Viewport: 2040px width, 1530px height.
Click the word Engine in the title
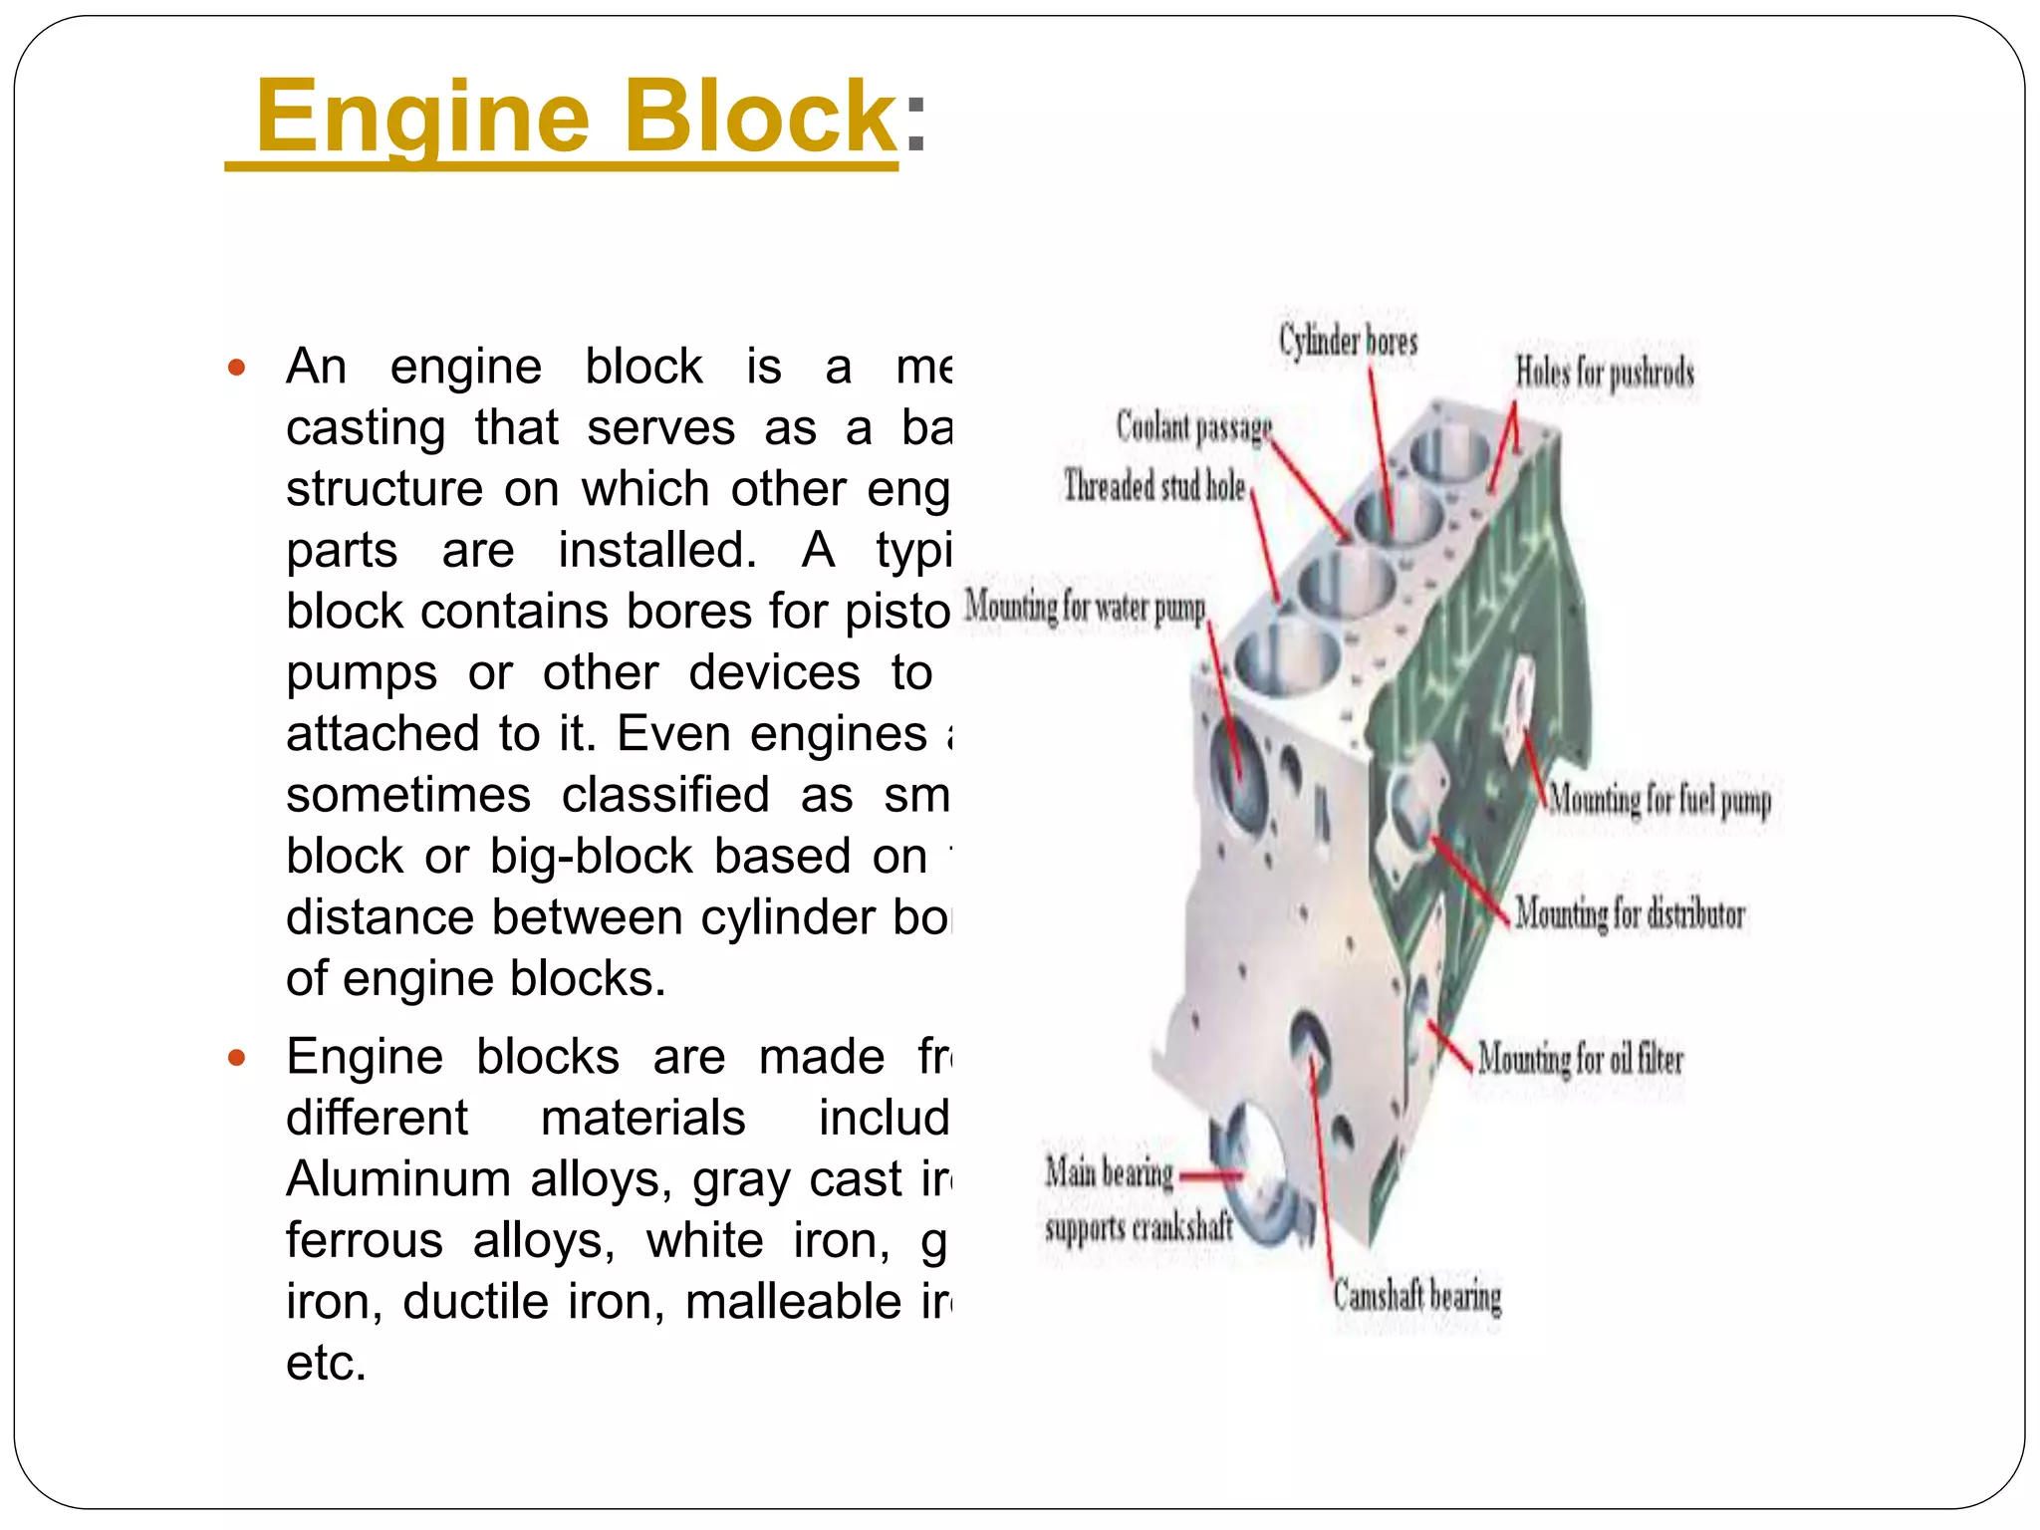pyautogui.click(x=422, y=117)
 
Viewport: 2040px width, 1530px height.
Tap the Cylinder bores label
pyautogui.click(x=1348, y=342)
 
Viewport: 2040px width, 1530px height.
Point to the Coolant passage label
pyautogui.click(x=1193, y=427)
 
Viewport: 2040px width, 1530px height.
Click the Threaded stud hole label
pyautogui.click(x=1154, y=487)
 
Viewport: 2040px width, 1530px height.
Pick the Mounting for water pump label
pyautogui.click(x=1085, y=607)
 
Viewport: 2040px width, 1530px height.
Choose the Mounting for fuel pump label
pyautogui.click(x=1659, y=800)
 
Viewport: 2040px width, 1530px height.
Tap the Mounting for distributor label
pyautogui.click(x=1630, y=913)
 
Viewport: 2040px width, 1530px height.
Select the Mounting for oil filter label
pyautogui.click(x=1580, y=1058)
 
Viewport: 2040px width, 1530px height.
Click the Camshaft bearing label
pyautogui.click(x=1416, y=1296)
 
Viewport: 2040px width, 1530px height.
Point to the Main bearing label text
pyautogui.click(x=1109, y=1173)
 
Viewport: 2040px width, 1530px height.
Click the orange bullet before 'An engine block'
pyautogui.click(x=236, y=368)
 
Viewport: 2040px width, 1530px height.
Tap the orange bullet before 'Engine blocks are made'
pyautogui.click(x=236, y=1058)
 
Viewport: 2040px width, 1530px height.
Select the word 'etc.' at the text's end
pyautogui.click(x=326, y=1363)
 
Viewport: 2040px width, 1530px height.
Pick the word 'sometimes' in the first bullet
pyautogui.click(x=408, y=795)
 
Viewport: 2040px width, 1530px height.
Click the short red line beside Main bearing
pyautogui.click(x=1211, y=1176)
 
